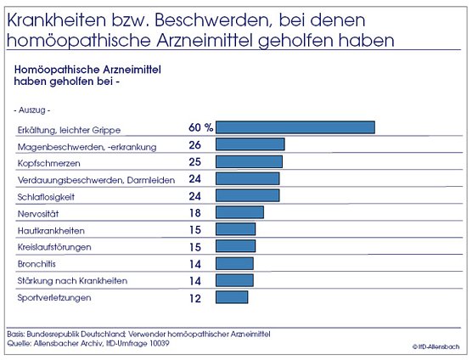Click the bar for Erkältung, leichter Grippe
coord(295,127)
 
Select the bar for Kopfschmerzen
coord(250,161)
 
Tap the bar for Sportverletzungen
coord(232,297)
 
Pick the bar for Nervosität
coord(240,212)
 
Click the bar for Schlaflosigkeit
coord(247,195)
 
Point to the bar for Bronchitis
coord(235,263)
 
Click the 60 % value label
coord(200,127)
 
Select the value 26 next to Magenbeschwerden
coord(194,145)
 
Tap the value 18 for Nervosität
coord(194,213)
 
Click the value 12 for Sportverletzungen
coord(194,298)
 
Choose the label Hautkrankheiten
coord(51,231)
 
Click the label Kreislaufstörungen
coord(54,248)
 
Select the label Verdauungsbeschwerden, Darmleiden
coord(96,180)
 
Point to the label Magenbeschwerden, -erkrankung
coord(87,147)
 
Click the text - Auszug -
coord(32,110)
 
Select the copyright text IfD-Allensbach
coord(438,347)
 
